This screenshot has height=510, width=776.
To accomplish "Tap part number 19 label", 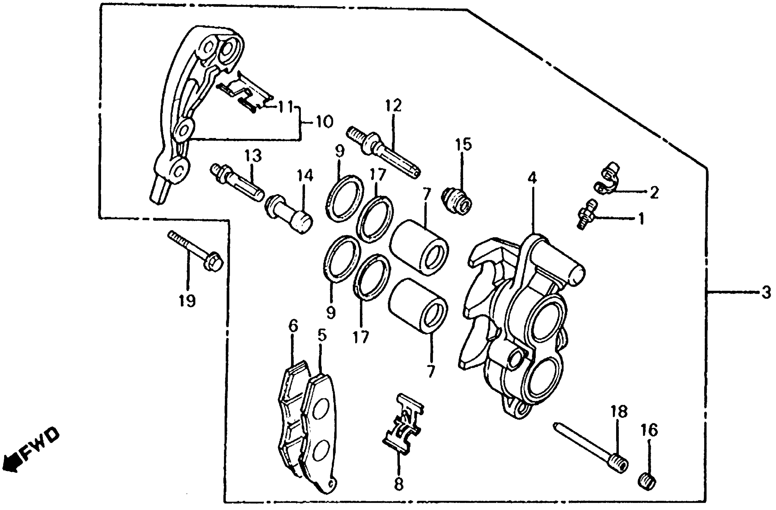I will pyautogui.click(x=187, y=300).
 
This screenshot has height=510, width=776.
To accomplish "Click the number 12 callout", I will pyautogui.click(x=393, y=105).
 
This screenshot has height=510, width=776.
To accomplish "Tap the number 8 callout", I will pyautogui.click(x=398, y=484).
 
